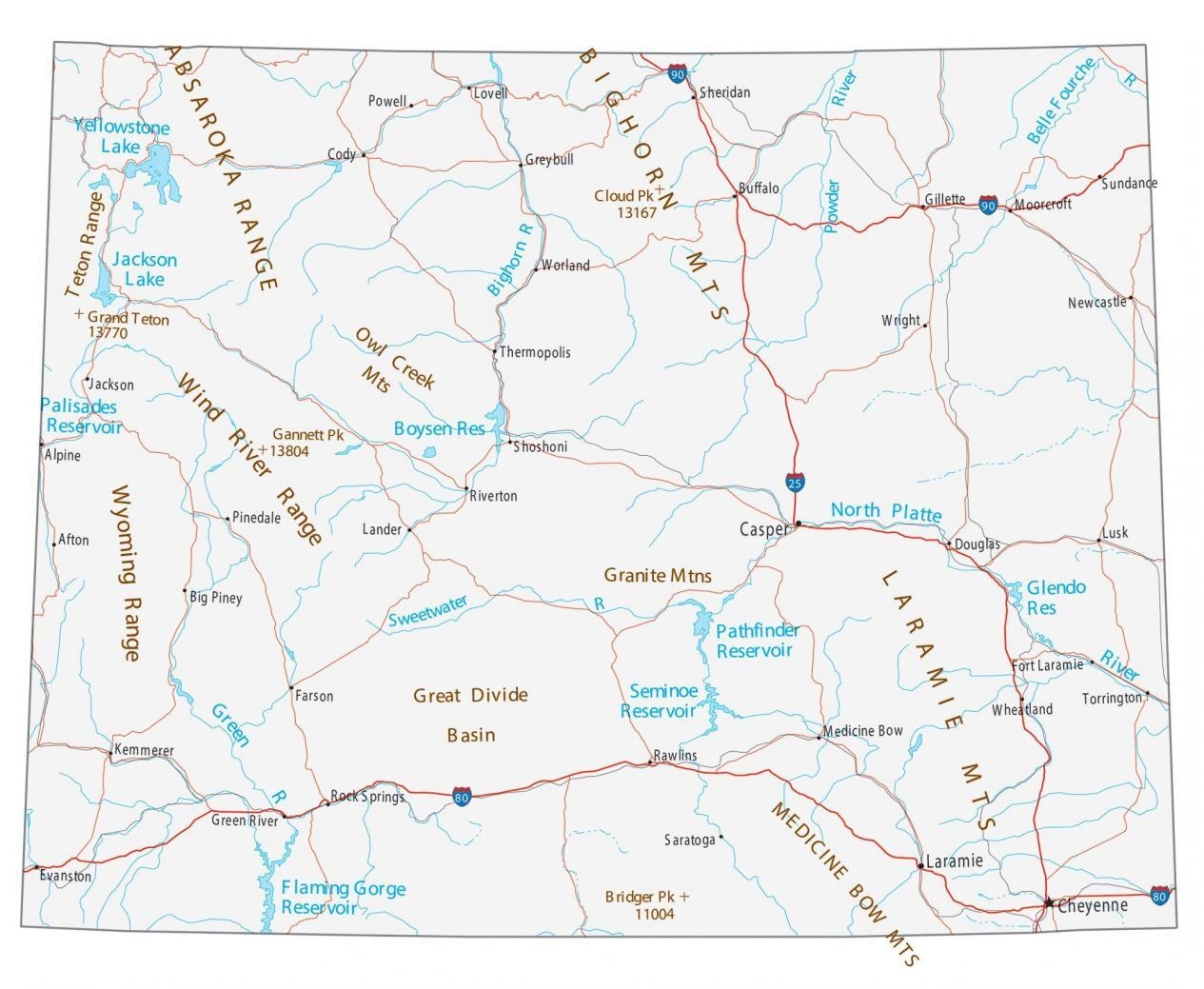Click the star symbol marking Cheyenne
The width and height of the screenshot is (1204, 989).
point(1048,902)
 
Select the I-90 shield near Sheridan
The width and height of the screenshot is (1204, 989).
point(677,74)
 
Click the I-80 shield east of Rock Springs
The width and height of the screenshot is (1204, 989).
point(462,797)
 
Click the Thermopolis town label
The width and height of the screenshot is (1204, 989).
point(536,352)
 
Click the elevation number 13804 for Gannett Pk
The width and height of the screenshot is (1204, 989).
point(289,451)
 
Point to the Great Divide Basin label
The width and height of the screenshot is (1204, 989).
point(470,714)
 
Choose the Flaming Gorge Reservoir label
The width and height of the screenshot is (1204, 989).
point(342,898)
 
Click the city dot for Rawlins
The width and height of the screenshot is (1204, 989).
point(650,762)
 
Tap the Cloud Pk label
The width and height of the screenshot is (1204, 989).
point(624,196)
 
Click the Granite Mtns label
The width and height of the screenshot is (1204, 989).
point(658,575)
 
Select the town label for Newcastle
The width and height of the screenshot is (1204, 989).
point(1096,303)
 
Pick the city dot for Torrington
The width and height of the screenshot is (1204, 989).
point(1148,694)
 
